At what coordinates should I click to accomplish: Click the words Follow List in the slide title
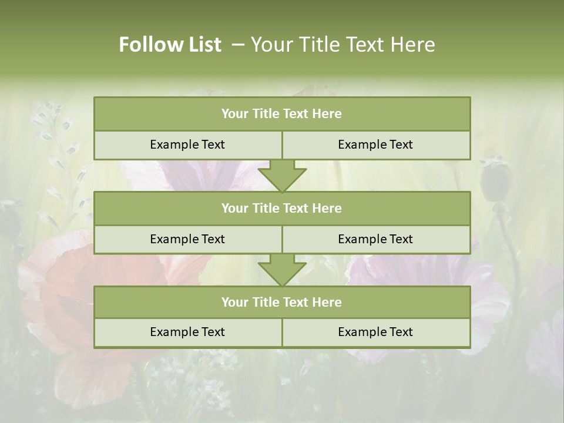click(170, 45)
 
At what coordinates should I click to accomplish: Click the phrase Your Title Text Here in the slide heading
click(343, 45)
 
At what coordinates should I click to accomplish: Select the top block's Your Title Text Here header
click(281, 114)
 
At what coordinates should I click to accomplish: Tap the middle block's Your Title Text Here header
click(281, 208)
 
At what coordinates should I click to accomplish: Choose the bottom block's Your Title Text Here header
click(281, 302)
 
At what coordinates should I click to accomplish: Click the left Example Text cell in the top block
click(187, 145)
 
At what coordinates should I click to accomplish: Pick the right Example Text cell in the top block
click(375, 145)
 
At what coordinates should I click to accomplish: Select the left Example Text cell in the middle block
click(187, 239)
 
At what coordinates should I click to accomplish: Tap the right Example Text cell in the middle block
click(375, 239)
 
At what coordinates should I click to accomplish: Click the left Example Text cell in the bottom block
click(187, 332)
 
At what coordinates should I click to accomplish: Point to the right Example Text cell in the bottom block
click(375, 332)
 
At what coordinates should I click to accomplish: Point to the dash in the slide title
click(238, 45)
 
